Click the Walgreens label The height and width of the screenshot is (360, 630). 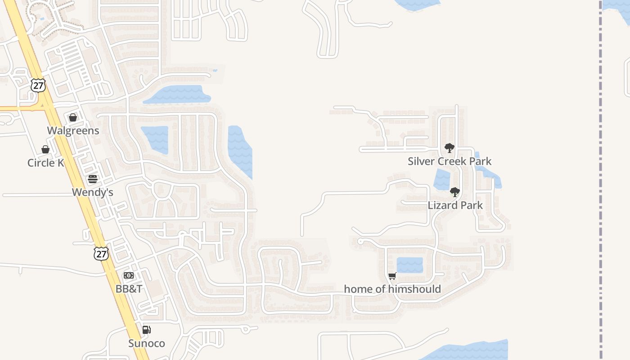pos(73,130)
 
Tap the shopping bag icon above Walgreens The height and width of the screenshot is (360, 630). pos(73,117)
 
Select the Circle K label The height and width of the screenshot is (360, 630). pos(45,162)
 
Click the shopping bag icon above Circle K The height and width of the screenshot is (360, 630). pos(45,149)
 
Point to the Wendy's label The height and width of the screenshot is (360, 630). pos(92,192)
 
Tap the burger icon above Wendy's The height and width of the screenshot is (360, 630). pos(93,179)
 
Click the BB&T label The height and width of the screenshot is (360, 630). pos(129,288)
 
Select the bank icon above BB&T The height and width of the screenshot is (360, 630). pos(129,275)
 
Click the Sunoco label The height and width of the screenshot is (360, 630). pos(147,343)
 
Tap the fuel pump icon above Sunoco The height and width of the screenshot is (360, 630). pos(146,330)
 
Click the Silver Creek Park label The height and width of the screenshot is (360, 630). pos(450,161)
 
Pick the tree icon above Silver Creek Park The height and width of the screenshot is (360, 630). pos(449,148)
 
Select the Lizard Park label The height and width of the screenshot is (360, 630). pos(455,205)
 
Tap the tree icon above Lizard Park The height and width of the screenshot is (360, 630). pos(455,192)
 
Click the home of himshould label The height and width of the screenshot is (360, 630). pos(392,289)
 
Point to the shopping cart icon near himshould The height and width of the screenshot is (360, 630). pos(392,276)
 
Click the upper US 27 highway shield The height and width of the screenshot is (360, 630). pos(38,85)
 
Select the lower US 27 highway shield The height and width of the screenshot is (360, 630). pos(101,253)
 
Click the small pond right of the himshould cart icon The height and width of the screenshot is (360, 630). pos(409,265)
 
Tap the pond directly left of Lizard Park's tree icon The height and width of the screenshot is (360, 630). pos(441,180)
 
